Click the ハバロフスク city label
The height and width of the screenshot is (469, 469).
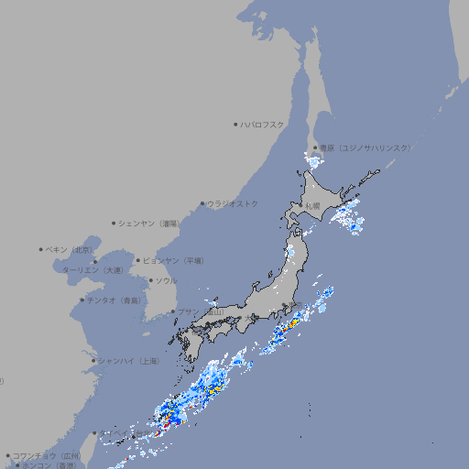[263, 124]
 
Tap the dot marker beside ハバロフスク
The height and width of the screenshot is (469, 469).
[235, 124]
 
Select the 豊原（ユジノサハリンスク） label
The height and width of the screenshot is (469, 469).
[365, 147]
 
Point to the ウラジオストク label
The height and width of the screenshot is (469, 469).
[233, 203]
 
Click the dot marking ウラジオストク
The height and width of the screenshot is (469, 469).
[202, 203]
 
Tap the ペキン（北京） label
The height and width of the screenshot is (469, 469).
[71, 249]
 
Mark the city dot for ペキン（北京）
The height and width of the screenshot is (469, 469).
[41, 249]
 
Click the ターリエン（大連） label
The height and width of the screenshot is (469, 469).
[93, 270]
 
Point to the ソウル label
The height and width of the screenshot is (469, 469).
[166, 280]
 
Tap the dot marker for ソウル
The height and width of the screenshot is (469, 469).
[150, 280]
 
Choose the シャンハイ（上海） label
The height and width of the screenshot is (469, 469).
[128, 361]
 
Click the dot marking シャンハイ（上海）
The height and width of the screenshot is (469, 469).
[93, 361]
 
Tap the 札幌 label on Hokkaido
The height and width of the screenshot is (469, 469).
[312, 206]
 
